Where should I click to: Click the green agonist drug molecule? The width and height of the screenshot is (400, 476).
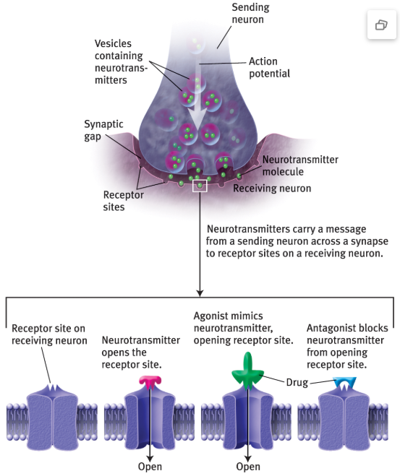247,372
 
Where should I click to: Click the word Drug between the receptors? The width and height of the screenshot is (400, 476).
297,383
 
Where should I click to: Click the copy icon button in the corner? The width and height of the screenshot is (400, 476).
381,25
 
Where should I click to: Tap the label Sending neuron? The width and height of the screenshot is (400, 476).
250,13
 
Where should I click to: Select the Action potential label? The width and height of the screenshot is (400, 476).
269,67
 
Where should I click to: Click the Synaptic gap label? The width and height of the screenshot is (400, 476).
103,130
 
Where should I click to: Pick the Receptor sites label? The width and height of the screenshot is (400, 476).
124,201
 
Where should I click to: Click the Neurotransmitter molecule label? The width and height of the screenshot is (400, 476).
300,165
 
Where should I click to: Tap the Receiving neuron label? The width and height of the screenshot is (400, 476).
272,189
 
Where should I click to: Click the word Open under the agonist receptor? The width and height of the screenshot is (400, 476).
248,467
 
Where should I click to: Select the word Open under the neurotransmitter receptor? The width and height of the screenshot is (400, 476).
150,467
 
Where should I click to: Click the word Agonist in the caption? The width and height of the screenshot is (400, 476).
210,316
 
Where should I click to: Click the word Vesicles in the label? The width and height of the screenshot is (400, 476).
113,43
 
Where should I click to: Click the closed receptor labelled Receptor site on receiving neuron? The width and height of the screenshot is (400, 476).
53,417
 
